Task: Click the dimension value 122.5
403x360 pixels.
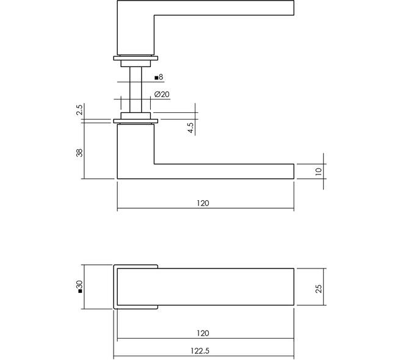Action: click(x=200, y=351)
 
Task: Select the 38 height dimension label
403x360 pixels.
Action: click(x=79, y=153)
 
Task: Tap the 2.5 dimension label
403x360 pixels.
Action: click(x=79, y=110)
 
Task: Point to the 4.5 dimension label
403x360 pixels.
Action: click(x=191, y=128)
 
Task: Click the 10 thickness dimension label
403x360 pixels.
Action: click(x=319, y=171)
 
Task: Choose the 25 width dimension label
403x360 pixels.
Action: click(x=319, y=289)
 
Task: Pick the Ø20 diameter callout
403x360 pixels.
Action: click(x=162, y=95)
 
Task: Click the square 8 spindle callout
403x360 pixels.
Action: click(x=159, y=77)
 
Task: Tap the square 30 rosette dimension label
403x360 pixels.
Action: click(x=79, y=286)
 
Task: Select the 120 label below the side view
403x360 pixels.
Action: click(x=203, y=203)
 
